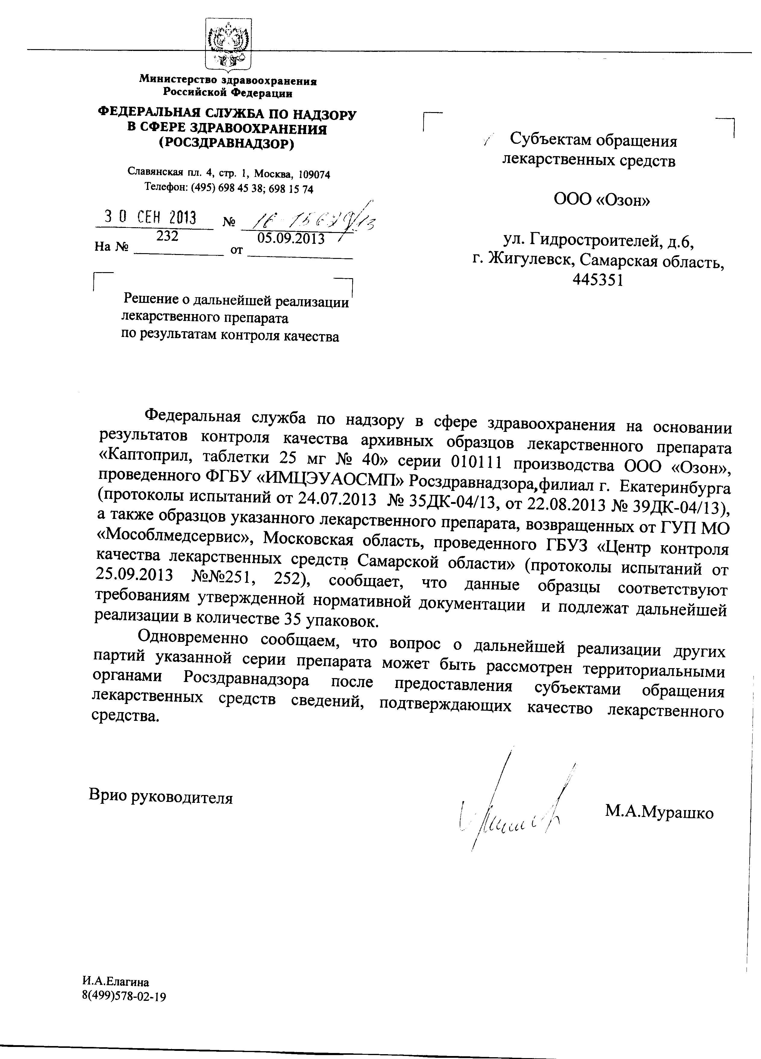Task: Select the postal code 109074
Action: [x=314, y=174]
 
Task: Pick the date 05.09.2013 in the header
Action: [x=291, y=239]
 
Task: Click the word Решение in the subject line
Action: [x=154, y=299]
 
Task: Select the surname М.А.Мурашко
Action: [x=659, y=812]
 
